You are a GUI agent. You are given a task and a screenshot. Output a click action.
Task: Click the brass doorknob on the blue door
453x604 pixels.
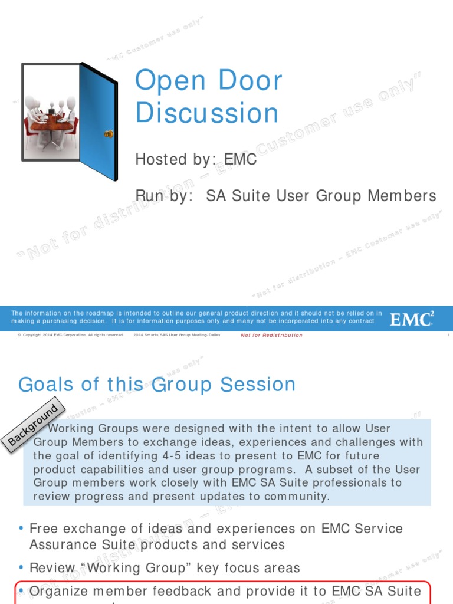[x=108, y=134]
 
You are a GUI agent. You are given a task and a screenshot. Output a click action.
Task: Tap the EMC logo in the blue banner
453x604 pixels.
[x=411, y=319]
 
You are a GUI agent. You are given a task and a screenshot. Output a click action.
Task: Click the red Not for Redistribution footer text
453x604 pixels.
[x=271, y=335]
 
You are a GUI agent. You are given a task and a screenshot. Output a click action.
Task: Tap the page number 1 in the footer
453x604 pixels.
[x=449, y=335]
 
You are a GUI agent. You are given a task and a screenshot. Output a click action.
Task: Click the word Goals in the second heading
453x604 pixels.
[x=46, y=385]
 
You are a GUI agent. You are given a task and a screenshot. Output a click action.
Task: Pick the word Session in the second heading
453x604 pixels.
[x=258, y=385]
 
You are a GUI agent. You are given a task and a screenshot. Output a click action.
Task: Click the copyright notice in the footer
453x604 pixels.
[x=70, y=335]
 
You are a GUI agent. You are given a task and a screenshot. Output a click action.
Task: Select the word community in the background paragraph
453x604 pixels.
[x=296, y=496]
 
